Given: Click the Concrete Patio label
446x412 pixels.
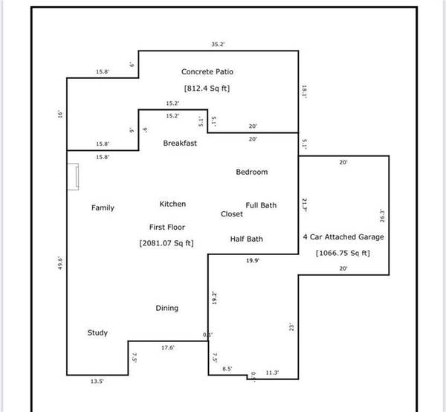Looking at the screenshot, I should (x=207, y=72).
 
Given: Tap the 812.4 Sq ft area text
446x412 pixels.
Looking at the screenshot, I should (x=207, y=88).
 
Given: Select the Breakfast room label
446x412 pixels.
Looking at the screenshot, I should (x=180, y=144).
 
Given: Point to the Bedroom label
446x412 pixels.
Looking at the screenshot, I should (x=251, y=173).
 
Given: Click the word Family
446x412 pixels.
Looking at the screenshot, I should (x=103, y=208).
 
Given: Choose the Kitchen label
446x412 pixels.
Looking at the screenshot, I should (x=172, y=205).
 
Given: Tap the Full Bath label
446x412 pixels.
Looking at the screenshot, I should (x=261, y=205).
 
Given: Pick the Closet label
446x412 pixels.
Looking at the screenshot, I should (x=232, y=214).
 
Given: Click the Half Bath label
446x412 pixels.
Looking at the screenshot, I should (x=246, y=239).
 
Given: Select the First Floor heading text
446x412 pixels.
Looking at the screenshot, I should (x=167, y=227).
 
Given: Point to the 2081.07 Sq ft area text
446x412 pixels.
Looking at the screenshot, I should (x=167, y=243).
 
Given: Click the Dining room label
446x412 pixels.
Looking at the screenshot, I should (x=167, y=308).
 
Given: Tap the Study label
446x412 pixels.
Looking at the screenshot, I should (x=97, y=333).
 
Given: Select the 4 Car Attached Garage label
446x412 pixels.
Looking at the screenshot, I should (x=343, y=237).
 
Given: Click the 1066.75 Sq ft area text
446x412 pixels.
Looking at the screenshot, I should (x=343, y=254).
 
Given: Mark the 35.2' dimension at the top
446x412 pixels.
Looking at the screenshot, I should (x=218, y=45).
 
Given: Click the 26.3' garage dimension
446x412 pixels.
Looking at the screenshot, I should (x=382, y=215).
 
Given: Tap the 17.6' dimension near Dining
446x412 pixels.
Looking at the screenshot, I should (x=167, y=347).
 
